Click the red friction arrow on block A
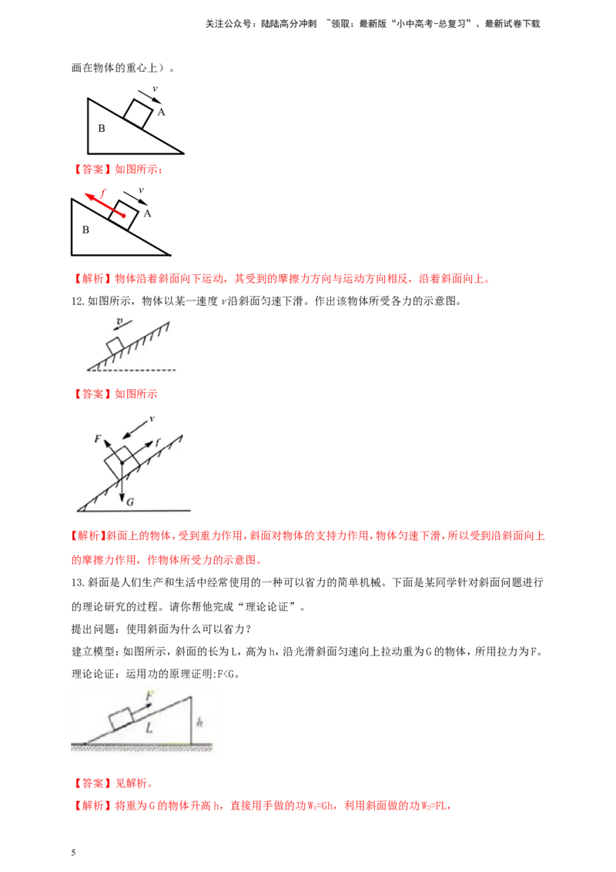[x=105, y=205]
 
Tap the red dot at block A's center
[x=123, y=216]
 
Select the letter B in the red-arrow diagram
[x=85, y=230]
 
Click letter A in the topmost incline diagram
[x=161, y=112]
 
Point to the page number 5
[x=73, y=853]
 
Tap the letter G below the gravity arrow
[x=130, y=502]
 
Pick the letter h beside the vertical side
[x=199, y=723]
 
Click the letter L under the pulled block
[x=149, y=727]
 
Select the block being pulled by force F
[x=121, y=719]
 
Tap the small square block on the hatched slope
[x=115, y=345]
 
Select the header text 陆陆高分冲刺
[x=289, y=24]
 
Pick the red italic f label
[x=103, y=193]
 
